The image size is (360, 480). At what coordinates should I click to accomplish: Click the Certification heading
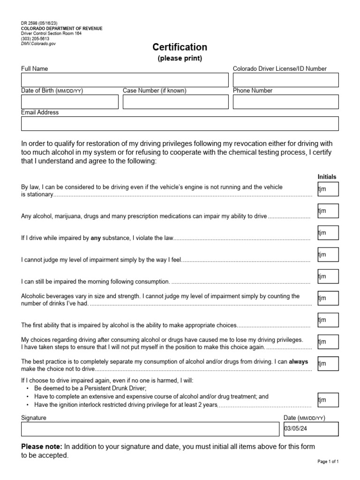[180, 47]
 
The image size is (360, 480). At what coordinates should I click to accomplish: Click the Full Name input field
[125, 80]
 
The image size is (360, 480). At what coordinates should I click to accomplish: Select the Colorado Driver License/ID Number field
[285, 80]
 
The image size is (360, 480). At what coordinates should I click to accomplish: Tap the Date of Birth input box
[70, 102]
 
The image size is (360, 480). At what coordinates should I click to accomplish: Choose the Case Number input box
[176, 102]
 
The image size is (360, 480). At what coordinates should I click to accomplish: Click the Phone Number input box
[285, 102]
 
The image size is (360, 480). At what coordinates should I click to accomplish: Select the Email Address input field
[180, 124]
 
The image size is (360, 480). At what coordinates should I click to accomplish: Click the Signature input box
[150, 429]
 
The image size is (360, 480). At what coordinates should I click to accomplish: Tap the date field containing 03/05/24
[311, 429]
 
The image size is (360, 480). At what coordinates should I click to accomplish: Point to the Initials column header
[327, 177]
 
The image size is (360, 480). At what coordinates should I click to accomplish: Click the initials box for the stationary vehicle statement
[328, 189]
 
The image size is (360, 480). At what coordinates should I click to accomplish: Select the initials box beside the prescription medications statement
[328, 211]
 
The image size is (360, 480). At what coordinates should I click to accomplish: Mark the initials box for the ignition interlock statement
[328, 400]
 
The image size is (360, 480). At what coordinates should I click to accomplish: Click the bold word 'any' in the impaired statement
[96, 238]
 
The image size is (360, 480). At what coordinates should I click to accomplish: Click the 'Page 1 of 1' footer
[328, 462]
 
